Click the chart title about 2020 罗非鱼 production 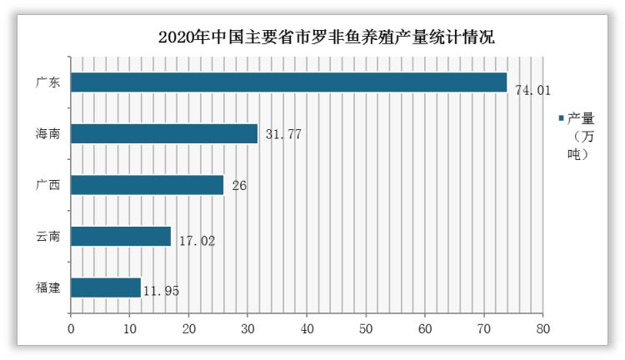pos(326,37)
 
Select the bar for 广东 pos(289,82)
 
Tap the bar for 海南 pos(164,133)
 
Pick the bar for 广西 pos(147,185)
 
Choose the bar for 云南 pos(121,237)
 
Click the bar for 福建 pos(106,287)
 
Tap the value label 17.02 pos(197,242)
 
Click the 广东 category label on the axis pos(47,82)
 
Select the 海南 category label pos(47,133)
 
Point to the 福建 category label pos(47,287)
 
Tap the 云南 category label pos(47,237)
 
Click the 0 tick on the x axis pos(72,328)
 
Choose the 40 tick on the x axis pos(307,328)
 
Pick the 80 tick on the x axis pos(543,328)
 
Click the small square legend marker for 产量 pos(561,118)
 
